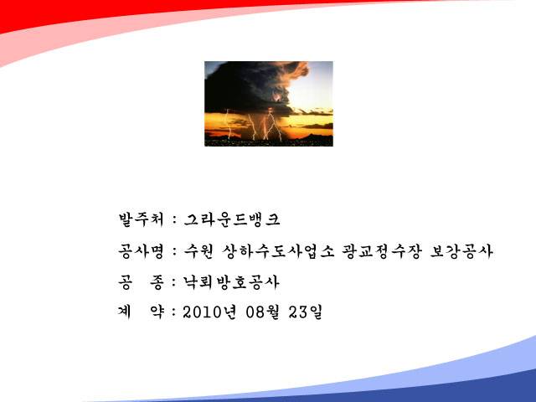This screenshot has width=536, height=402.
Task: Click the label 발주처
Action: coord(142,219)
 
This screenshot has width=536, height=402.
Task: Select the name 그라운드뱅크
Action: coord(232,219)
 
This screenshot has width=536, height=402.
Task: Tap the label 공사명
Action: coord(142,251)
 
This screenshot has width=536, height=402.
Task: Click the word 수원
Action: coord(198,251)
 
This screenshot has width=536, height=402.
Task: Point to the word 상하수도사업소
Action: coord(278,251)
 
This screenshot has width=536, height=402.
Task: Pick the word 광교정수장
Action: coord(382,251)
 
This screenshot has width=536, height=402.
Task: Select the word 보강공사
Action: coord(461,251)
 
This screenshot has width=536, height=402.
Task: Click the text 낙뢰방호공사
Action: coord(231,282)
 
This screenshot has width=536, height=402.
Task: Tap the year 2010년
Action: coord(209,312)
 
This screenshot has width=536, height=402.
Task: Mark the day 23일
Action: coord(305,312)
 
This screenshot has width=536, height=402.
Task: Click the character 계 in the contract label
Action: coord(125,312)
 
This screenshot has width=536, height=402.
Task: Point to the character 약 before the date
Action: coord(157,312)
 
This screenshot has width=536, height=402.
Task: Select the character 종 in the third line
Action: coord(157,283)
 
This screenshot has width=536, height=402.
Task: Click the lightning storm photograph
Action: coord(269,104)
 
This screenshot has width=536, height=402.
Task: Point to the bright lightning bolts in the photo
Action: coord(263,125)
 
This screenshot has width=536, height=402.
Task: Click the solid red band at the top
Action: coord(102,10)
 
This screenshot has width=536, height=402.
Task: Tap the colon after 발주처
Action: coord(175,219)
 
